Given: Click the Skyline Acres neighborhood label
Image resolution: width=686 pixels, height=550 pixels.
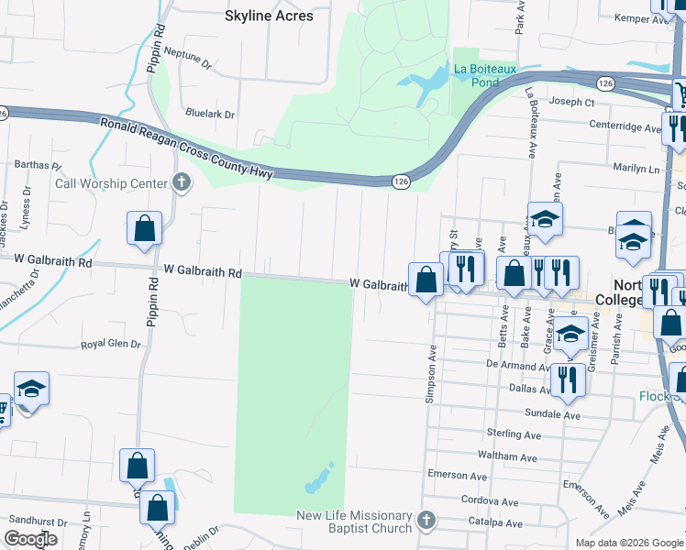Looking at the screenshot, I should point(269,16).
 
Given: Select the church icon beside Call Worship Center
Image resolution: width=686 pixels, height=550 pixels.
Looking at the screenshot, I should point(182,182).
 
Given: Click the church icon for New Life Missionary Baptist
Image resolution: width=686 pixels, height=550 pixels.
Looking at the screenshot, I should point(425,521).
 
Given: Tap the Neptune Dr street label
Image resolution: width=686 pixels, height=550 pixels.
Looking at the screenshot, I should point(190,60).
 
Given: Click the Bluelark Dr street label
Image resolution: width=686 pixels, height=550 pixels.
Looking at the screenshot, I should point(210,115).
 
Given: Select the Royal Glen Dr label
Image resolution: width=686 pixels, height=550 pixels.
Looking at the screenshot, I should point(111,345).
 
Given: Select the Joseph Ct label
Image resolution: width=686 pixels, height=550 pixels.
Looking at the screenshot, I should point(571,102).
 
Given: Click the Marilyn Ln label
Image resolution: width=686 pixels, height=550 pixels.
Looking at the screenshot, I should point(636,170).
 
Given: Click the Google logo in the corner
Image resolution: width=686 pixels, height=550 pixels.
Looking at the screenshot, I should point(30,539).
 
